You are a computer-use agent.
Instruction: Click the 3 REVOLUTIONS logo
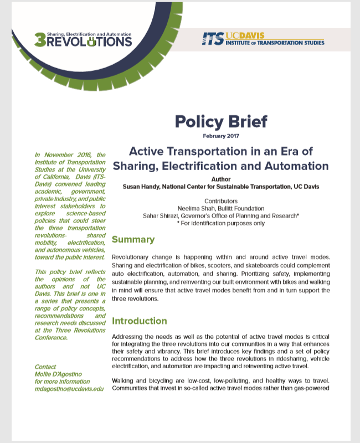[83, 39]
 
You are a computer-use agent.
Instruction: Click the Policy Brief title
[221, 121]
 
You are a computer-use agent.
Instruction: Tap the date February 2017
[221, 135]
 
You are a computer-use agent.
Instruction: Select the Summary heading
[133, 240]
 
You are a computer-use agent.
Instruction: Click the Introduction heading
[139, 321]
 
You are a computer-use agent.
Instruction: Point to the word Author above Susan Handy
[221, 179]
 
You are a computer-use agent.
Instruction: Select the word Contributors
[221, 200]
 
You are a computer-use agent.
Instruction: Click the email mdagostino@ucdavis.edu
[69, 389]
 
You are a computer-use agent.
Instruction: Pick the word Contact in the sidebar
[45, 367]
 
